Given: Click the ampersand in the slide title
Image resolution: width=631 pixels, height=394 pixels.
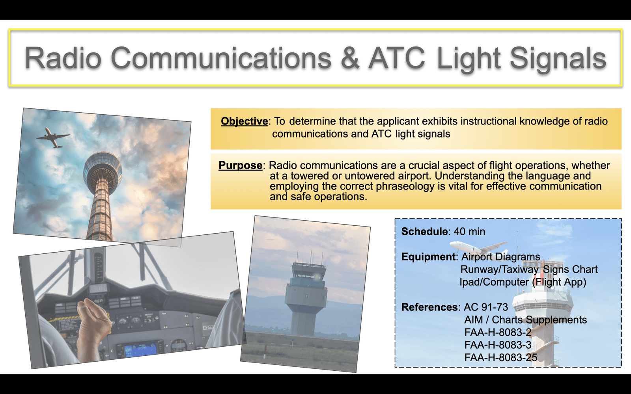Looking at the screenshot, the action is pos(350,58).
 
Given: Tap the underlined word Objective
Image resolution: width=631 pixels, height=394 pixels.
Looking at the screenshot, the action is pos(244,121).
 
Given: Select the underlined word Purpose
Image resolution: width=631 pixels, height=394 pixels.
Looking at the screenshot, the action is pos(240,165).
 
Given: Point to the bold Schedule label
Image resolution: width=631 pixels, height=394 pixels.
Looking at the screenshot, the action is pos(424,231).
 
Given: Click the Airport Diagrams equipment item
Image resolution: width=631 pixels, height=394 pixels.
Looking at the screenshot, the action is pos(500,257).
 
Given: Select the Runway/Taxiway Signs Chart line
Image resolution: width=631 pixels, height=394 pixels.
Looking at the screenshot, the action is pos(529,269).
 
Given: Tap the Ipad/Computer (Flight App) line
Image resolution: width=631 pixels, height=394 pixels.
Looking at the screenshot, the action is pos(523,282).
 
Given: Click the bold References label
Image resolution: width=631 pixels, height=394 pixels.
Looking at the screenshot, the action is pos(429,307).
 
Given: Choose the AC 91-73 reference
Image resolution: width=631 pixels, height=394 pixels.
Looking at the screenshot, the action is pos(486,307).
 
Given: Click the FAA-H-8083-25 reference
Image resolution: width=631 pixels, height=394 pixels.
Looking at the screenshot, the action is pos(500,357).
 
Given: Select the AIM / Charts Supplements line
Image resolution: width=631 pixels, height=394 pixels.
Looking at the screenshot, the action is pos(525,320).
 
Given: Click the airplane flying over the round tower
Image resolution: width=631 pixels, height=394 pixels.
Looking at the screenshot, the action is pos(53,138).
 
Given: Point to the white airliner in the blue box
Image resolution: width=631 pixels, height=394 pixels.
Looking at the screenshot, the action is pos(478,248).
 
